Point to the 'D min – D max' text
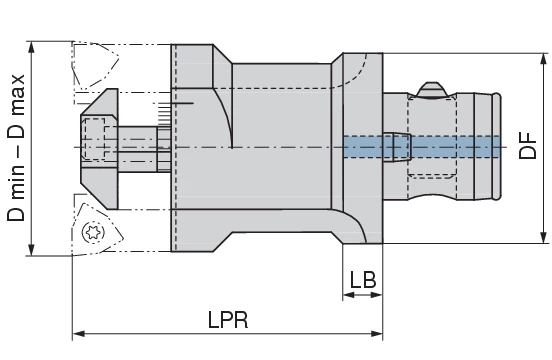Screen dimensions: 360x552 (16, 150)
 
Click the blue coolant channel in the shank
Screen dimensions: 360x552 (420, 147)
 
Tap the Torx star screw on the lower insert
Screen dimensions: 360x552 (96, 232)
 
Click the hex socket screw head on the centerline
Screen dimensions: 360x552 (95, 139)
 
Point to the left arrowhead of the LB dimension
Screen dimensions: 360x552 (346, 297)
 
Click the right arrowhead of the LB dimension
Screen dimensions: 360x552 (379, 297)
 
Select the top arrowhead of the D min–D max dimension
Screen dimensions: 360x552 (33, 45)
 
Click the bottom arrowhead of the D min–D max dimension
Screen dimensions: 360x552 (33, 252)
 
